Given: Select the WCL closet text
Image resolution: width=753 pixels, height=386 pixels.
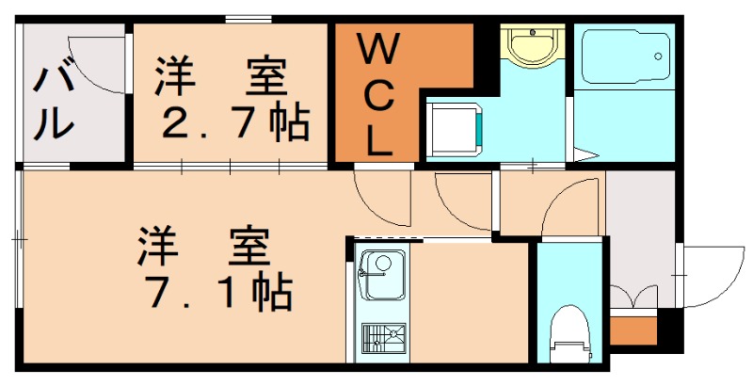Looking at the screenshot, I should point(379,94).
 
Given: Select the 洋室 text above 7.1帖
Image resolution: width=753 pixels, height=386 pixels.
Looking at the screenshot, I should point(205,247).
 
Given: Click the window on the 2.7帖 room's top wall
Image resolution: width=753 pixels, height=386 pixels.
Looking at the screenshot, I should point(243,20).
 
